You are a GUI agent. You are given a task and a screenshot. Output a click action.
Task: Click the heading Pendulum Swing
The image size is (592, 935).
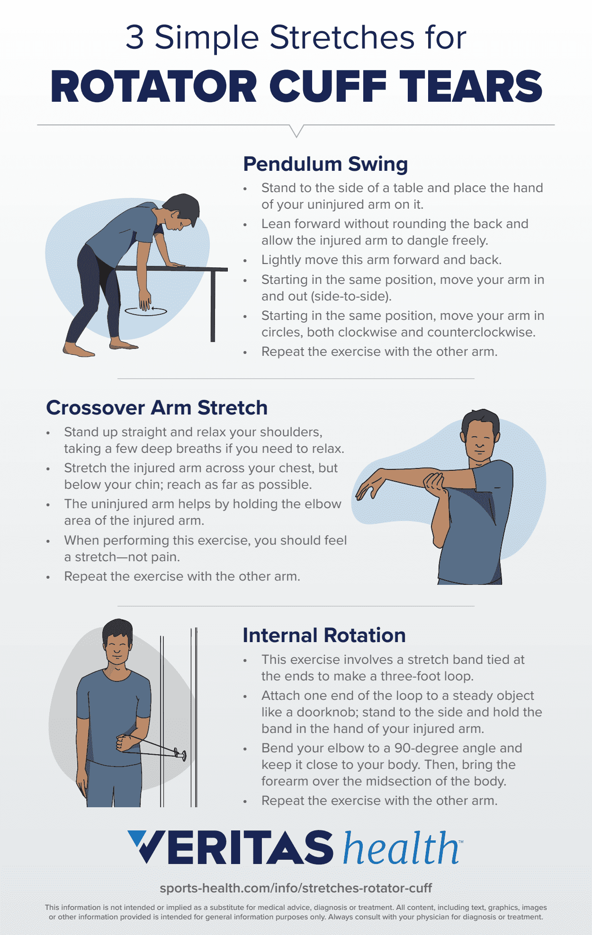325,164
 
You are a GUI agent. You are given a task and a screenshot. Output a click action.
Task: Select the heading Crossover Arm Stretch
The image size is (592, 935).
157,408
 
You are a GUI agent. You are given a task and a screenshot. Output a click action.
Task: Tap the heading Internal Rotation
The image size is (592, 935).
324,635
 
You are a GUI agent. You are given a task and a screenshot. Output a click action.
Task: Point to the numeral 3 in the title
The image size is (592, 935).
135,38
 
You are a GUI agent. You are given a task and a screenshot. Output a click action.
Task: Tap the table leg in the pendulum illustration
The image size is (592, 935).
213,305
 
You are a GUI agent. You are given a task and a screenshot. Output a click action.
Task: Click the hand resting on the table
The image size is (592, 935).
176,265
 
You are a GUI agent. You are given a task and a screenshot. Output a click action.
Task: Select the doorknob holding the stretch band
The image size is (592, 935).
180,754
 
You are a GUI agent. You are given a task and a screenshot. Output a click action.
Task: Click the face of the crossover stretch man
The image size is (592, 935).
479,440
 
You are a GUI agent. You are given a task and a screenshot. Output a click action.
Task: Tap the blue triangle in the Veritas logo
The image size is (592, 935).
138,838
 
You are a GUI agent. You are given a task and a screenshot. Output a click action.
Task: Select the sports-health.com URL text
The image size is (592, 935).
296,888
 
